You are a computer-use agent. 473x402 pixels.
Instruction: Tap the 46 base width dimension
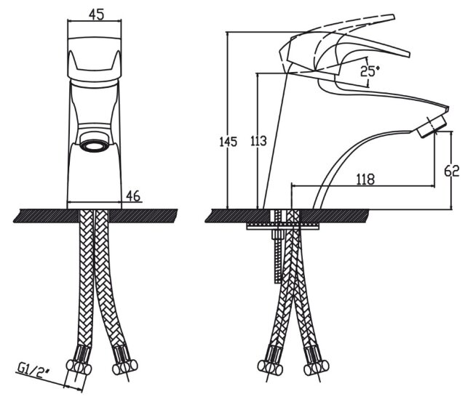coord(132,196)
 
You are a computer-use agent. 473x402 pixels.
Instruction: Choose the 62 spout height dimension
coord(451,172)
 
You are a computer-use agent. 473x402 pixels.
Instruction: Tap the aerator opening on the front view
coord(95,145)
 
